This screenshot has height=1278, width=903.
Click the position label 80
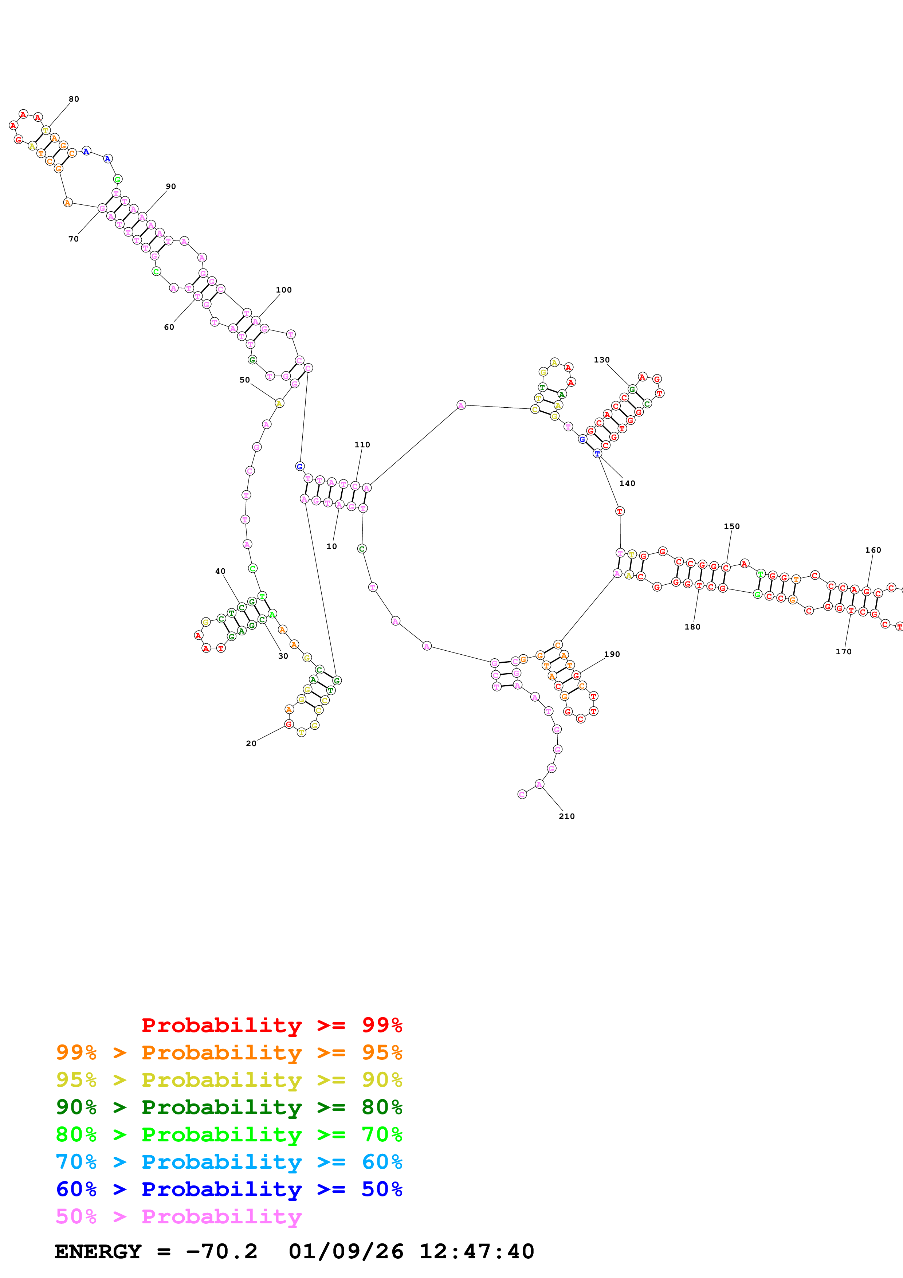pos(74,99)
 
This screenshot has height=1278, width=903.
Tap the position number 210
pos(566,816)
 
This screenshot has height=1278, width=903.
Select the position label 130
pos(601,360)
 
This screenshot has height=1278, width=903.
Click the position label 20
pos(251,743)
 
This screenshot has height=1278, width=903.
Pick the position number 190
pos(612,654)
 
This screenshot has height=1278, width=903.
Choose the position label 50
pos(244,380)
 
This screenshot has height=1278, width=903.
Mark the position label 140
pos(627,483)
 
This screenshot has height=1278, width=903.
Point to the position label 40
pos(220,571)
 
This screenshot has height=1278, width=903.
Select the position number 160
pos(873,550)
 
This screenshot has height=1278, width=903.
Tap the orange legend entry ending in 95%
pos(229,1052)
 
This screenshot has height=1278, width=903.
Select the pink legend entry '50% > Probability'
pos(178,1216)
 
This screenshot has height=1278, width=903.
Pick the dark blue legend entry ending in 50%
pos(229,1189)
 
